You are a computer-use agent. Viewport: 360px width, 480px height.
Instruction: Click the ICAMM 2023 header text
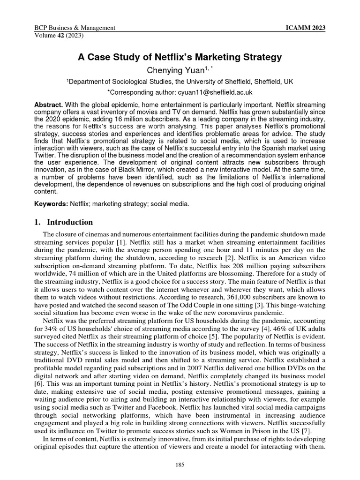[x=305, y=28]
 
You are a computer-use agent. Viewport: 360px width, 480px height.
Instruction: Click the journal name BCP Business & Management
[x=75, y=28]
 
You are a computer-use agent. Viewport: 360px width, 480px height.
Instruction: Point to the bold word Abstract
[x=49, y=104]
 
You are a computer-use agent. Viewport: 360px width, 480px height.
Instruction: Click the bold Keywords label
[x=52, y=204]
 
